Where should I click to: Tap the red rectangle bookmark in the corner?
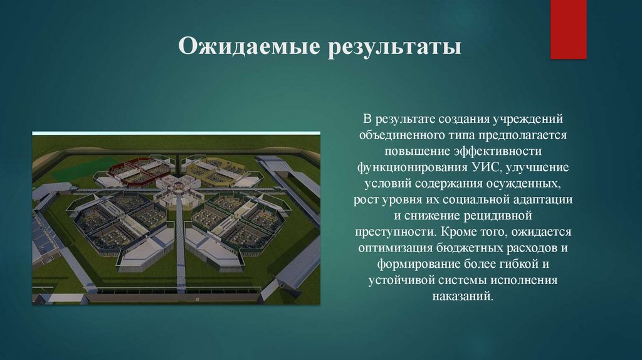pyautogui.click(x=568, y=29)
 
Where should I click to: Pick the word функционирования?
pyautogui.click(x=411, y=167)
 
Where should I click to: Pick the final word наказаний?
pyautogui.click(x=463, y=297)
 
